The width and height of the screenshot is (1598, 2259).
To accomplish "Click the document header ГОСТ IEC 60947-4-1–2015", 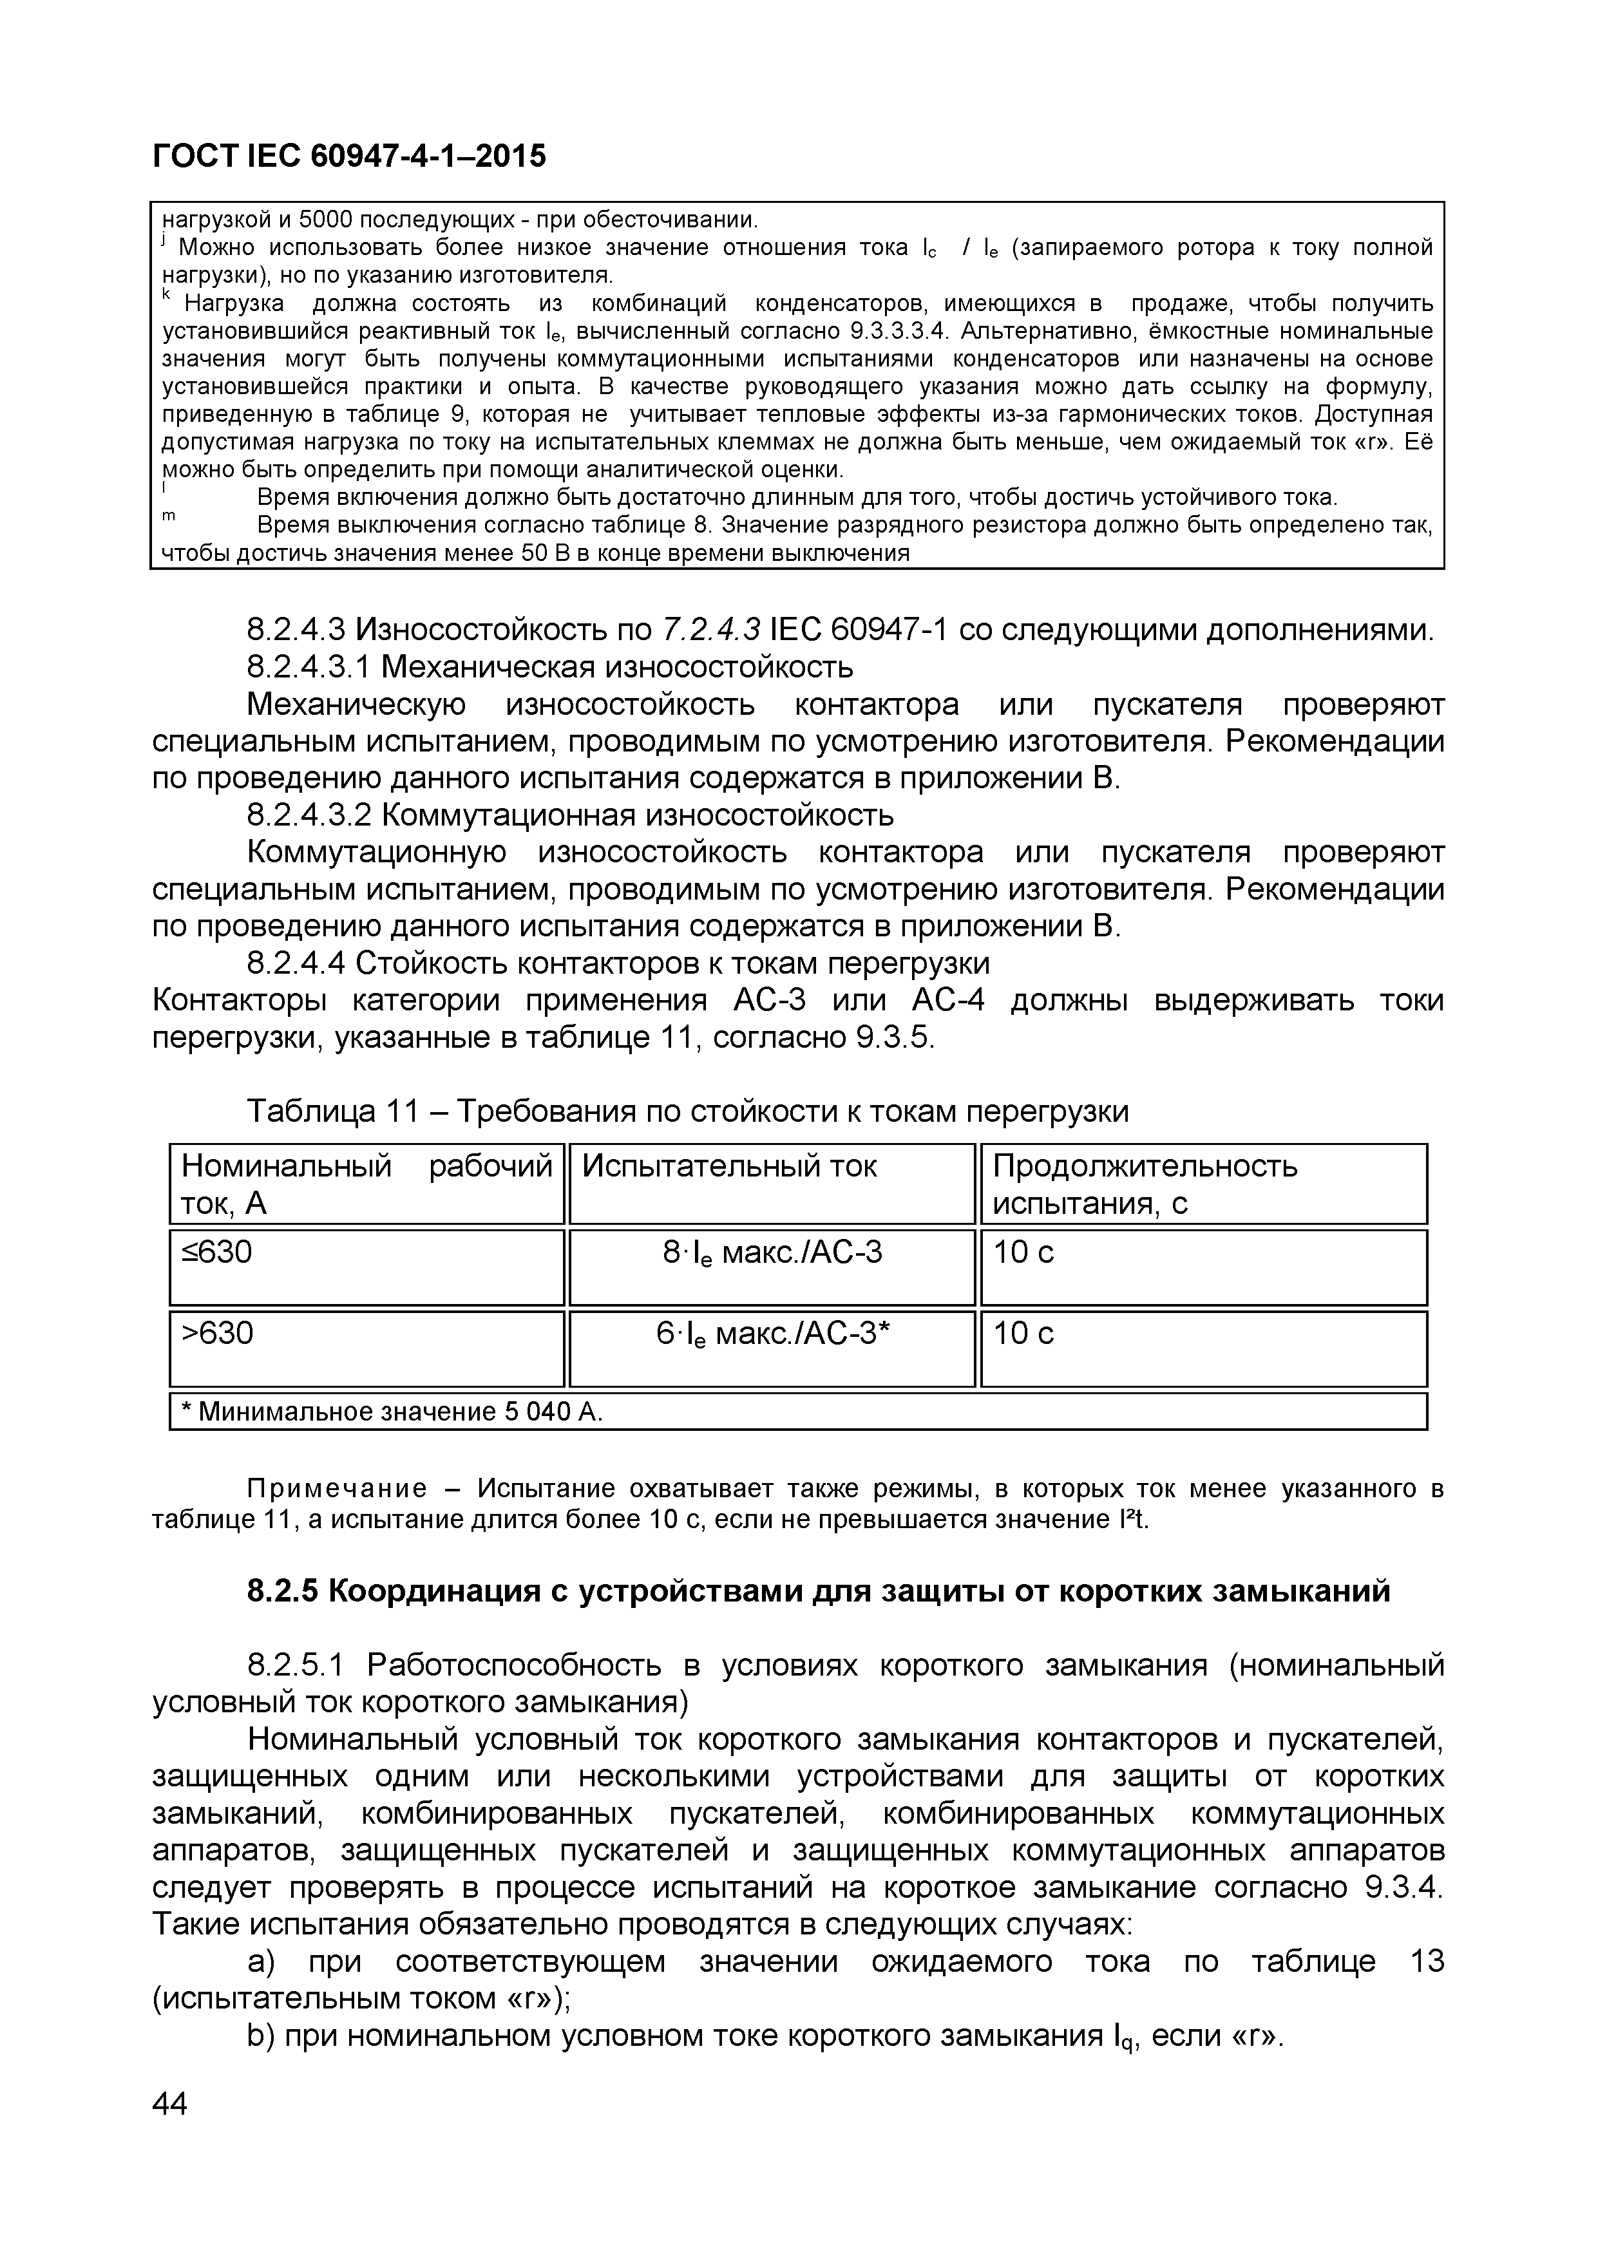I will click(x=348, y=155).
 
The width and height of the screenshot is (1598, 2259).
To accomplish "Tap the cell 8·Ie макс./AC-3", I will click(x=772, y=1252).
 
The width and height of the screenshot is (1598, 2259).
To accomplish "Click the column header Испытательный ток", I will click(x=729, y=1166).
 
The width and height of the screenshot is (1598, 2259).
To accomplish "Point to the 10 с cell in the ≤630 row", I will click(x=1023, y=1252).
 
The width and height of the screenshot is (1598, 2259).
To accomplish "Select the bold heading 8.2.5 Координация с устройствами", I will click(x=818, y=1591).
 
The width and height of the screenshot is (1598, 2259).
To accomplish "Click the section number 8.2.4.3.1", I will click(x=308, y=667).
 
